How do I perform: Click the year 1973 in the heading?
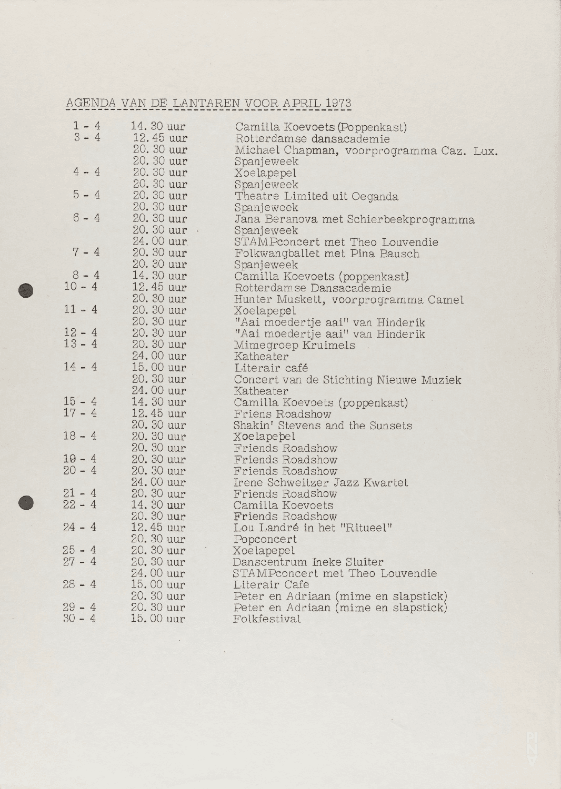[338, 103]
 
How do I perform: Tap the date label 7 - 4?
[86, 252]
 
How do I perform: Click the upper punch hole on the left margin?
[25, 291]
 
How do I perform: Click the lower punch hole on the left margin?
[25, 503]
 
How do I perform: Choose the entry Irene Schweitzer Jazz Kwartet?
[320, 482]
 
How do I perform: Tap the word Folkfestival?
[267, 619]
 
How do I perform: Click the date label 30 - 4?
[79, 619]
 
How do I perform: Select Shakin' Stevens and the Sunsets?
[323, 426]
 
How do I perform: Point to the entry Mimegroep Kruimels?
[294, 346]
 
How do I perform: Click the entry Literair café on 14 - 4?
[271, 368]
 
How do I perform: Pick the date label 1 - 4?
[87, 126]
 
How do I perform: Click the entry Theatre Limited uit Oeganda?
[316, 196]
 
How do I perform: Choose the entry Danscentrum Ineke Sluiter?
[308, 562]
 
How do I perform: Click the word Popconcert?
[265, 539]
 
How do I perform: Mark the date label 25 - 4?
[79, 550]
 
